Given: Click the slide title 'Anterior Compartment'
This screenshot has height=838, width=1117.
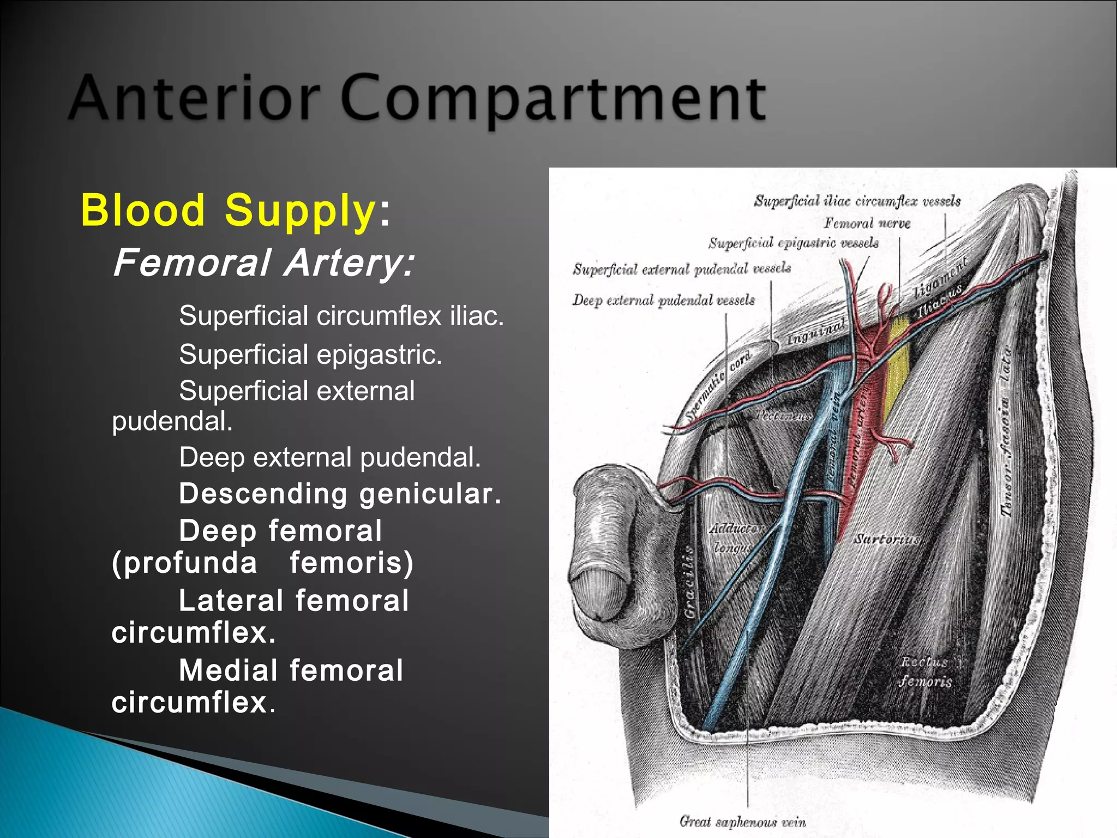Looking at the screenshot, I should [x=417, y=98].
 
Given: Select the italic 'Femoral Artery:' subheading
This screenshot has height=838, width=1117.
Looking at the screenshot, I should [x=264, y=262].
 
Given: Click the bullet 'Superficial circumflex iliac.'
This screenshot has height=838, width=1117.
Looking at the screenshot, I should [x=341, y=316].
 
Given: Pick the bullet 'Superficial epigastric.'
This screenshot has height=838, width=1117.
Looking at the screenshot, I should [x=310, y=355].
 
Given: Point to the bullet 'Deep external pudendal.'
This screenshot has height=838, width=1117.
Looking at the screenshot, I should [x=330, y=457].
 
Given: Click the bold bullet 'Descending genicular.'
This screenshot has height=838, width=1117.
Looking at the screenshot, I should [x=340, y=494].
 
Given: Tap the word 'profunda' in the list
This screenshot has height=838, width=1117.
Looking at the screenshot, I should [x=184, y=562].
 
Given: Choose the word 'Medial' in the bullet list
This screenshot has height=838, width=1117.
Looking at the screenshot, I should [x=229, y=671].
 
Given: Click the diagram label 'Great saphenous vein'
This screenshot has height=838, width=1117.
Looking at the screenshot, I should [x=742, y=821].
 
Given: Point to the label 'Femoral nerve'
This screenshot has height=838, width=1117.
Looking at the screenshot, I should [x=867, y=223].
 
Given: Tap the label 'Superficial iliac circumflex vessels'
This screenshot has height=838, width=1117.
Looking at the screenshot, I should [x=857, y=201].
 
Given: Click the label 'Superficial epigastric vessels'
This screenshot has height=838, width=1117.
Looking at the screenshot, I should [x=793, y=243].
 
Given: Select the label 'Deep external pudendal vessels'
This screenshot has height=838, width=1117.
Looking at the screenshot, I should [x=663, y=300].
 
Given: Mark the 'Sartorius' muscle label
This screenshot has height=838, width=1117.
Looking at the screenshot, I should [x=887, y=539].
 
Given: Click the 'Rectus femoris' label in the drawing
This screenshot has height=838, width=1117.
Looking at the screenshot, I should [x=926, y=672].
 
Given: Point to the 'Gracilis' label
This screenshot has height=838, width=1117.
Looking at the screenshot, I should [x=689, y=582].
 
